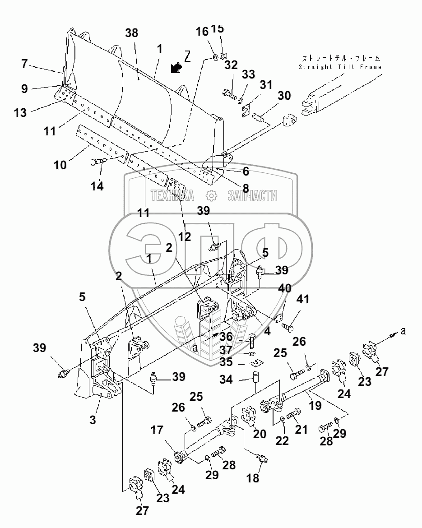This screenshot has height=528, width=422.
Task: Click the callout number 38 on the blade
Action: pyautogui.click(x=131, y=33)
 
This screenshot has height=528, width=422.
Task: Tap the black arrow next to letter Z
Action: pyautogui.click(x=176, y=68)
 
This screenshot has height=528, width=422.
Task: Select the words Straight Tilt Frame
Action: pyautogui.click(x=340, y=67)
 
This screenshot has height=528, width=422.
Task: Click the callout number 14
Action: pyautogui.click(x=97, y=186)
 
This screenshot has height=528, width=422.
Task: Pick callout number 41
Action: pyautogui.click(x=302, y=299)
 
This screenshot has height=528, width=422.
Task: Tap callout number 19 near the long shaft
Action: pyautogui.click(x=315, y=405)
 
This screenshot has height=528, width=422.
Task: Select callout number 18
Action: pyautogui.click(x=253, y=477)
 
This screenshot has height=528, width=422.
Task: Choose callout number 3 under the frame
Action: pyautogui.click(x=93, y=420)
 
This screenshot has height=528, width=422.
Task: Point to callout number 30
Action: pyautogui.click(x=284, y=95)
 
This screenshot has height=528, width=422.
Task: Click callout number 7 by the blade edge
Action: pyautogui.click(x=24, y=63)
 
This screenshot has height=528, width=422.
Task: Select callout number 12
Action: pyautogui.click(x=185, y=237)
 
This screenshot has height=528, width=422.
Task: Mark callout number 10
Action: pyautogui.click(x=60, y=165)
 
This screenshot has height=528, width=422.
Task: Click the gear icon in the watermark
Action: pyautogui.click(x=211, y=195)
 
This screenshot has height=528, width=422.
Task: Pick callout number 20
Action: pyautogui.click(x=260, y=434)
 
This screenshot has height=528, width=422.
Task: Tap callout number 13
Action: pyautogui.click(x=20, y=112)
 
